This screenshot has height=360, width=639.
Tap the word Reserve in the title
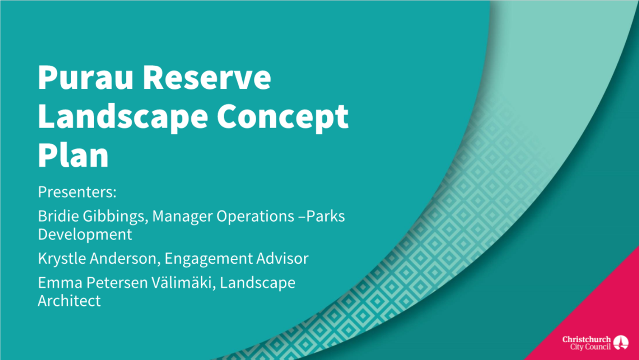click(207, 78)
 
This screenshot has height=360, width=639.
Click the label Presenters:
click(77, 192)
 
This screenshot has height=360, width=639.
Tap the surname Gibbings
click(115, 217)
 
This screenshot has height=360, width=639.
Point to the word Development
click(85, 235)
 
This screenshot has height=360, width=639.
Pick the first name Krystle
click(62, 259)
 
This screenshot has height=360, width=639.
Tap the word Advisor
click(283, 259)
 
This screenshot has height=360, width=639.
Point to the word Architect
click(69, 301)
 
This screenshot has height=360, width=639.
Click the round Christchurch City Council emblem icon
click(621, 342)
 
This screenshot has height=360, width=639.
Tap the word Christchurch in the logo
click(586, 340)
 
